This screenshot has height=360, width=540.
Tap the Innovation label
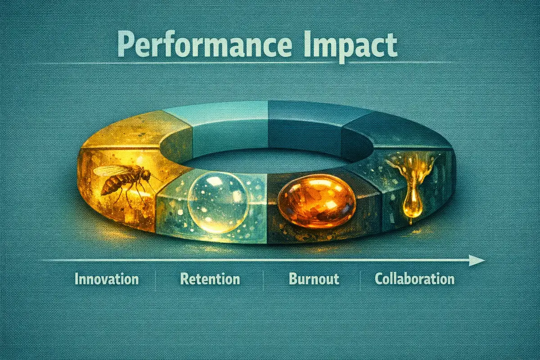(x=107, y=279)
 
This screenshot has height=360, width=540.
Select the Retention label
(x=210, y=279)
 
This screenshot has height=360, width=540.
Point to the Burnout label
(x=314, y=279)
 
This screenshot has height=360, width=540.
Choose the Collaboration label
(x=414, y=279)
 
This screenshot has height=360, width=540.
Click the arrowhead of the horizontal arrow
(x=477, y=260)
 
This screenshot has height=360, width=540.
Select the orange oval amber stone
(x=316, y=200)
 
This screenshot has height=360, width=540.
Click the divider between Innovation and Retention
(x=155, y=279)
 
